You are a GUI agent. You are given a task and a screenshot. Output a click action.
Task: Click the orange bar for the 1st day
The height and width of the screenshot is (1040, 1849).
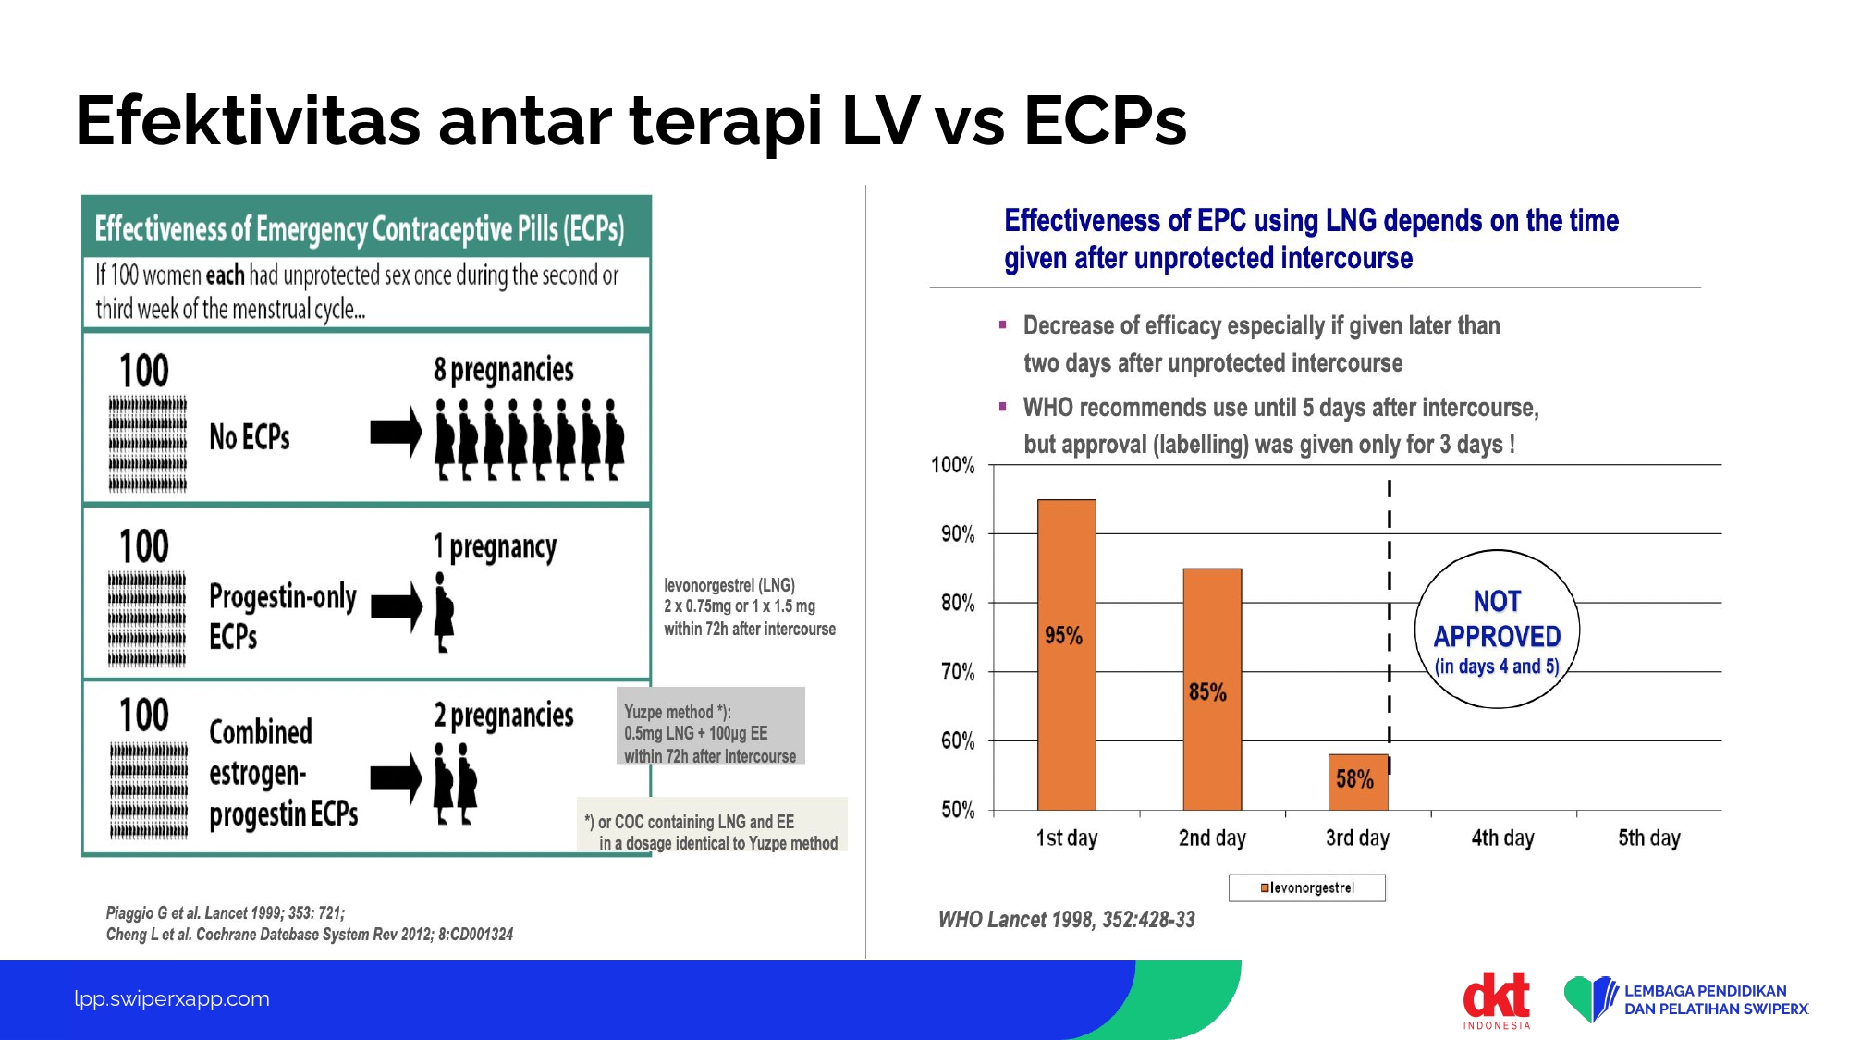(x=1067, y=655)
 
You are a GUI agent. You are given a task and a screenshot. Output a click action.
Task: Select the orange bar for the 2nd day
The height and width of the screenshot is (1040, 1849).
(x=1212, y=690)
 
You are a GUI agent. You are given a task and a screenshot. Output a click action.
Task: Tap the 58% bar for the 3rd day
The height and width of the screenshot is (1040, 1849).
(x=1358, y=782)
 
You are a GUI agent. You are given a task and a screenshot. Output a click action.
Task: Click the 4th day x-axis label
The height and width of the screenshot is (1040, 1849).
(x=1502, y=838)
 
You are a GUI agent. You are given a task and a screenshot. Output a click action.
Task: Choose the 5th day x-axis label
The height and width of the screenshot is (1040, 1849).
(x=1648, y=838)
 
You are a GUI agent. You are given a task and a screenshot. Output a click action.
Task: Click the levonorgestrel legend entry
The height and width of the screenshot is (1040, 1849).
(x=1307, y=887)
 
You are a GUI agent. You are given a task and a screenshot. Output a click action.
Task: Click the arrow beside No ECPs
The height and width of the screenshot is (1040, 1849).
(x=396, y=432)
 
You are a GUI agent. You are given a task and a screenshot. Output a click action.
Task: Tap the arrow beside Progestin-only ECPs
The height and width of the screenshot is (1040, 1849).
(x=396, y=606)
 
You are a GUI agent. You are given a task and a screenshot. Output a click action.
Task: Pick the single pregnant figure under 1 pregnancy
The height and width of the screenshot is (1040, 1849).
(x=445, y=612)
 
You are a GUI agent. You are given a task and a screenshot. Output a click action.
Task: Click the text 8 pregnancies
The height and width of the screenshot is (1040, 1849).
(x=504, y=370)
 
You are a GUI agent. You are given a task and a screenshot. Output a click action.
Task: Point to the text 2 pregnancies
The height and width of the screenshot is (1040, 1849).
(x=504, y=716)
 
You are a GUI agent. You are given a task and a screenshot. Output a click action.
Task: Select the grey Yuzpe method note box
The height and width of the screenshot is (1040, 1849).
(x=710, y=726)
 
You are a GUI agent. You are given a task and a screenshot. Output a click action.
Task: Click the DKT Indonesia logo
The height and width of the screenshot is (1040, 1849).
(x=1497, y=999)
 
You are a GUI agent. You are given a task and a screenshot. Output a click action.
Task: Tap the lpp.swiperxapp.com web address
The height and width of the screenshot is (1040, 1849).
(x=172, y=998)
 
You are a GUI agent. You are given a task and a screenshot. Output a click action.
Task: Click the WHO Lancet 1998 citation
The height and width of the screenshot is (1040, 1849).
(x=1067, y=919)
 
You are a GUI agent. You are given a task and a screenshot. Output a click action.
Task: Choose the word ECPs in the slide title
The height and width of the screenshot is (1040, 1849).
(x=1105, y=120)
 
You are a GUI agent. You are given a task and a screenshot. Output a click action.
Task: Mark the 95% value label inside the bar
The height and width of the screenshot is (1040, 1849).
(x=1063, y=635)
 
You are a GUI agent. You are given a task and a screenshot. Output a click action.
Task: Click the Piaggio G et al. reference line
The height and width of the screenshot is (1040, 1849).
(x=226, y=913)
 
